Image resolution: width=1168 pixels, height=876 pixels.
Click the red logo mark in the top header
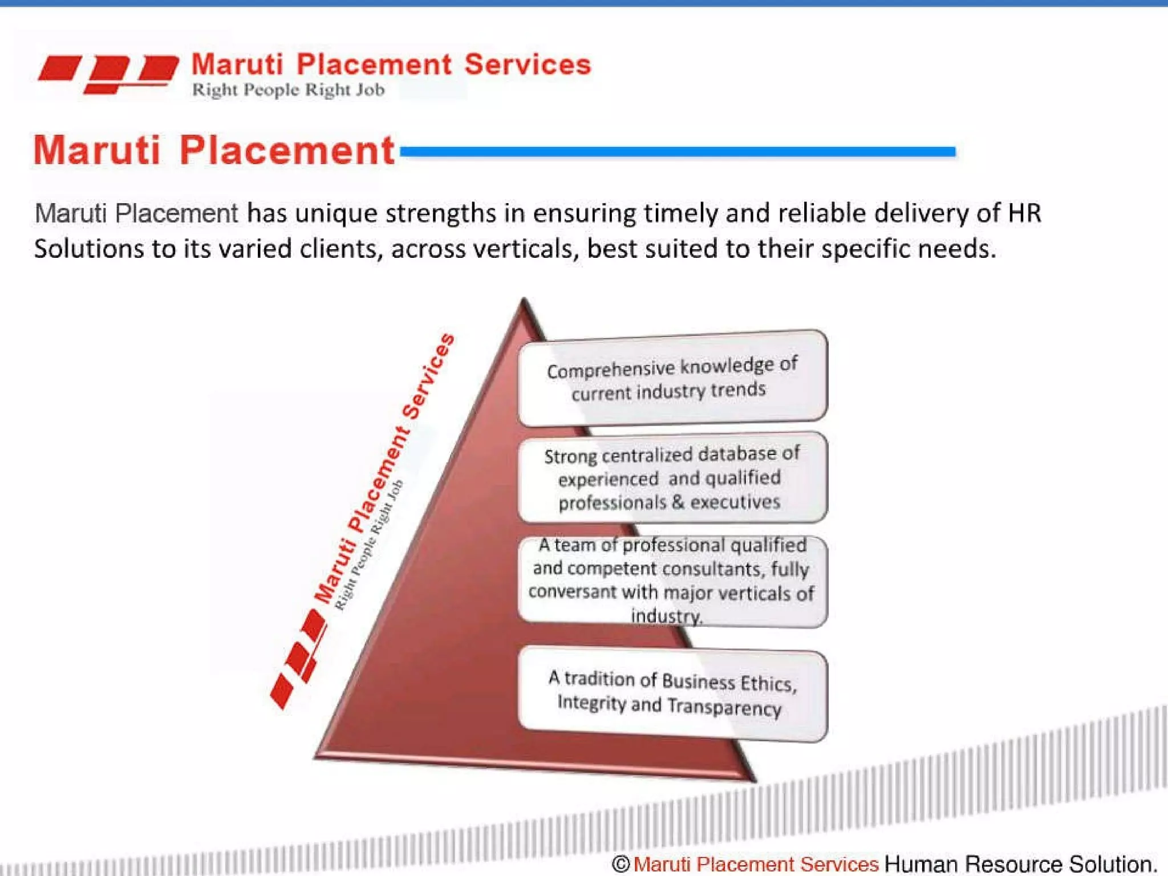(x=108, y=73)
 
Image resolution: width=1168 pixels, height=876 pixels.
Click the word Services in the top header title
(x=528, y=64)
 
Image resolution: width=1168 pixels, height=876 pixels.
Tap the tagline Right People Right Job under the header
(x=288, y=90)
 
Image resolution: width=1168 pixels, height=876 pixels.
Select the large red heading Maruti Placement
(x=214, y=151)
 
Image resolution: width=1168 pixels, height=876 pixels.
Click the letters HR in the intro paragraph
(x=1024, y=213)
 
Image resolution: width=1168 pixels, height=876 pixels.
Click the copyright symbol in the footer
(x=620, y=864)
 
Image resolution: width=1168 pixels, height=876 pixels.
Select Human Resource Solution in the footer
(x=1020, y=864)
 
